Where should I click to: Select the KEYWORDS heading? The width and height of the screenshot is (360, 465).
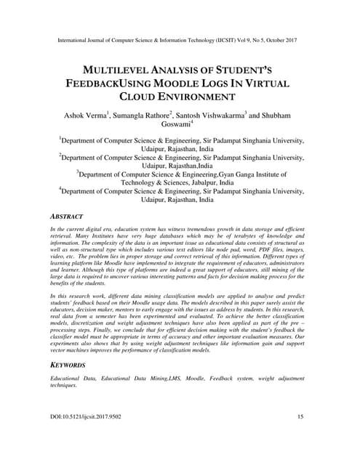[x=68, y=364]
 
